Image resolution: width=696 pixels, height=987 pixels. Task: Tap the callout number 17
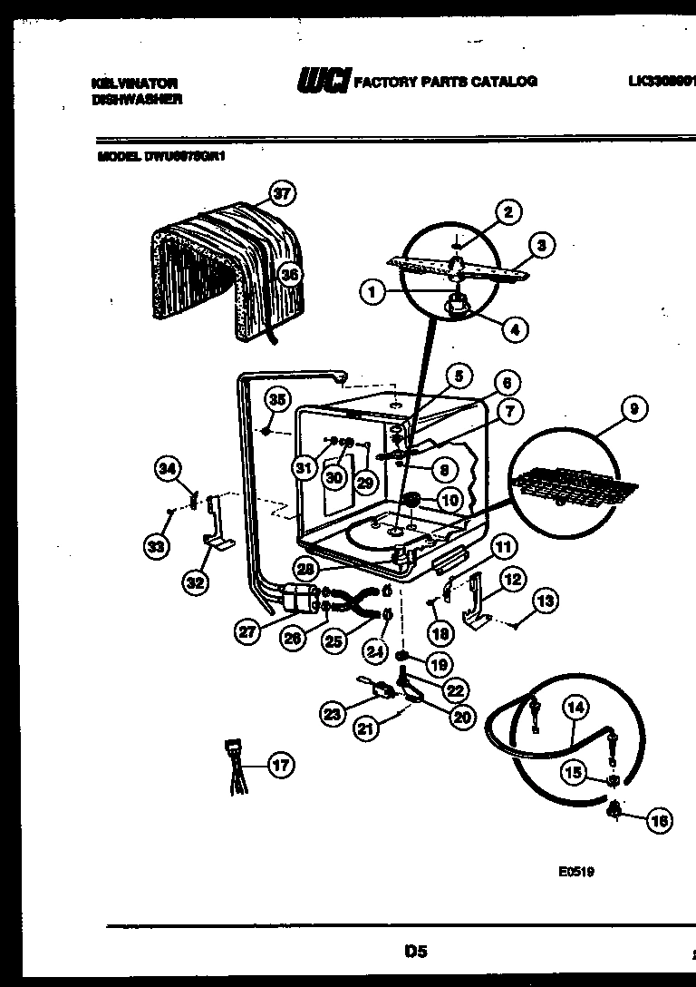281,766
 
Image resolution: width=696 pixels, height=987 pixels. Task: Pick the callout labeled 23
333,715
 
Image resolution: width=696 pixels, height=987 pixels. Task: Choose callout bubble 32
194,582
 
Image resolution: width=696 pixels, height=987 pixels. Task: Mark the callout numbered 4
514,330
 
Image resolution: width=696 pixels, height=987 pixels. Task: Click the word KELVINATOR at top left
129,82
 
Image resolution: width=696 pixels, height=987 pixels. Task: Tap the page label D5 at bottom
415,952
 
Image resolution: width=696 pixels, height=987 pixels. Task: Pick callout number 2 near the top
507,212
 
